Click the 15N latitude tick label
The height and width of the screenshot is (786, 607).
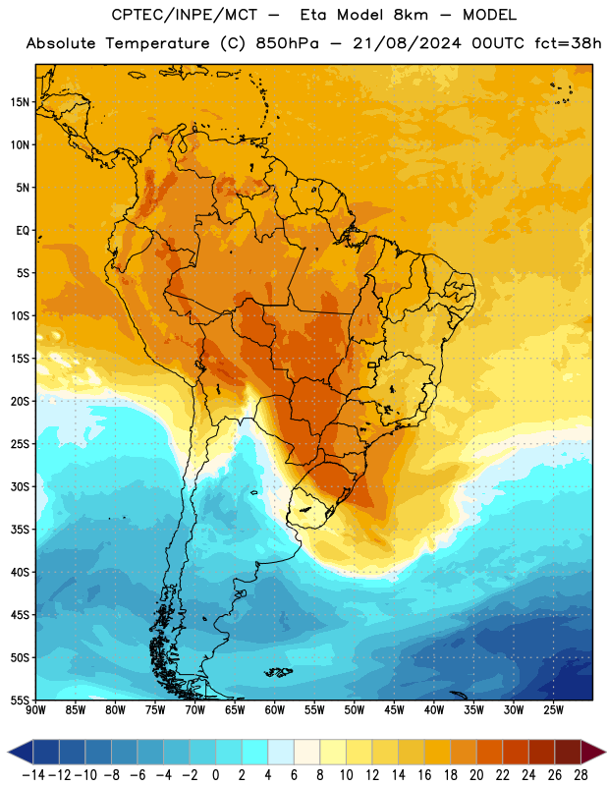20,102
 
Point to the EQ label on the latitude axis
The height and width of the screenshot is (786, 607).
23,231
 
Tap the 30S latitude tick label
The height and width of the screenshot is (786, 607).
20,486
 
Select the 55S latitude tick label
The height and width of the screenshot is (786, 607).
20,701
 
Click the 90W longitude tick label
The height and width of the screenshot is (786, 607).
35,710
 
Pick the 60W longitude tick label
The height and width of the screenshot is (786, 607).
275,710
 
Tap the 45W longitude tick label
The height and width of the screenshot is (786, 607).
394,710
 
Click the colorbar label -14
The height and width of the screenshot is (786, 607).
34,775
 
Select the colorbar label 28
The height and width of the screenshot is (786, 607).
580,775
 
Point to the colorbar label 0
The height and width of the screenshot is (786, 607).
216,775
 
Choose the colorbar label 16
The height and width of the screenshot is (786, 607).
424,775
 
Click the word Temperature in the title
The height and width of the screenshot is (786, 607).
157,43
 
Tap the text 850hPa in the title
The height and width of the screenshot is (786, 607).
287,43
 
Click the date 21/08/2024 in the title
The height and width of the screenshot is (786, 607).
407,43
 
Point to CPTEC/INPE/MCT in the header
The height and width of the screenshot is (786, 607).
185,15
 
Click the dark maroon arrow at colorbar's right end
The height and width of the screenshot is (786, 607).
593,752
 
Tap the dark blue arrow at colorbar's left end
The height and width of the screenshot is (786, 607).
21,752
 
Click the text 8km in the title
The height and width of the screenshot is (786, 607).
411,15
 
